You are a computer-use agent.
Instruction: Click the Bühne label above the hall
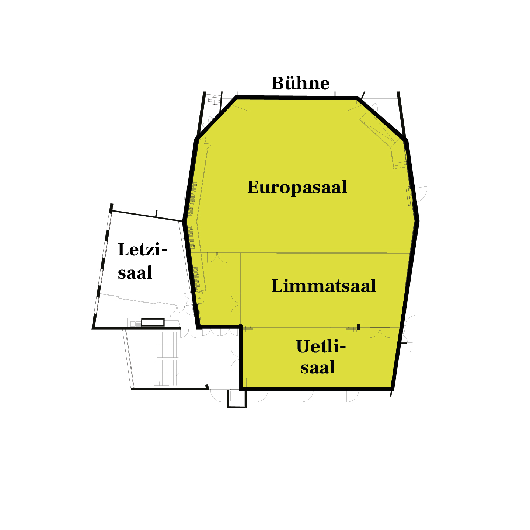[300, 83]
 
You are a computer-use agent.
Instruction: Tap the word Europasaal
[297, 187]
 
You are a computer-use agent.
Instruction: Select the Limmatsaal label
[324, 286]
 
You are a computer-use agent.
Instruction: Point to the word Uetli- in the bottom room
[321, 346]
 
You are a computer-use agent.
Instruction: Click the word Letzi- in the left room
[143, 250]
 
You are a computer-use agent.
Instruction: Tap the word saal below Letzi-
[135, 273]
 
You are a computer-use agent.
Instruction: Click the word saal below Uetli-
[318, 367]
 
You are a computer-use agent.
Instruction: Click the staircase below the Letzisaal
[167, 359]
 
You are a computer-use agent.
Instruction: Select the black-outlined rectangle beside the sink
[153, 322]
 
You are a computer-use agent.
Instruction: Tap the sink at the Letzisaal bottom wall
[134, 324]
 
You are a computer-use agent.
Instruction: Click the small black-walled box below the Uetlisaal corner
[237, 400]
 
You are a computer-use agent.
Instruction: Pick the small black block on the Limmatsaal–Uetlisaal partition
[358, 327]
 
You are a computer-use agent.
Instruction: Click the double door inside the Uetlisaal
[380, 332]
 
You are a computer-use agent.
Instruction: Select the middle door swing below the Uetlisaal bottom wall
[307, 396]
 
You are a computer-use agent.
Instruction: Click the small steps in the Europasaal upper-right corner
[400, 165]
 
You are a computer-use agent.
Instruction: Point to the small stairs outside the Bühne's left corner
[214, 99]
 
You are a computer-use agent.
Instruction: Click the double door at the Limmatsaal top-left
[217, 258]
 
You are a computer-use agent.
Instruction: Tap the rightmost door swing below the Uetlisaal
[353, 396]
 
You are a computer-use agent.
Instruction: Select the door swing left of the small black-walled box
[217, 396]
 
